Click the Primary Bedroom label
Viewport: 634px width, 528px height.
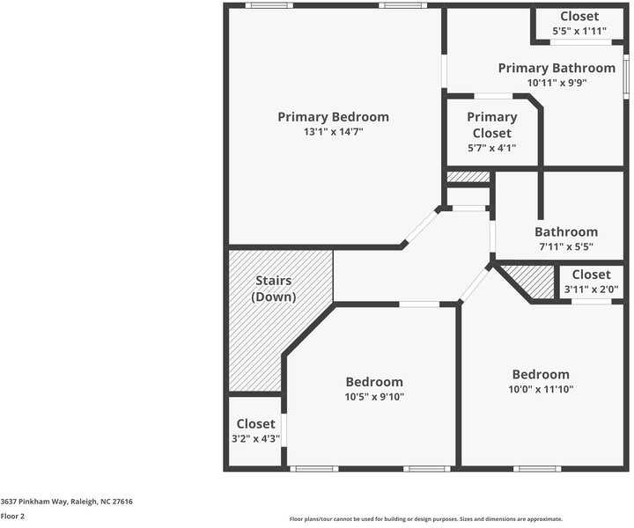pyautogui.click(x=333, y=117)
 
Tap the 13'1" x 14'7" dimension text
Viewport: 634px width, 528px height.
pyautogui.click(x=333, y=132)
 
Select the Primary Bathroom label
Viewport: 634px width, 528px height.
pyautogui.click(x=557, y=68)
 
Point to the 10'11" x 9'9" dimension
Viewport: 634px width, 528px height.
pyautogui.click(x=557, y=83)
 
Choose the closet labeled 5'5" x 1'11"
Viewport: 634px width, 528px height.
pyautogui.click(x=579, y=32)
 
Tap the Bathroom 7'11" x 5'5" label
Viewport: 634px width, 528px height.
pyautogui.click(x=565, y=239)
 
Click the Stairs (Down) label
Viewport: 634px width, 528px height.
pyautogui.click(x=274, y=289)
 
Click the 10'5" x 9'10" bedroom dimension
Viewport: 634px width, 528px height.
pyautogui.click(x=374, y=397)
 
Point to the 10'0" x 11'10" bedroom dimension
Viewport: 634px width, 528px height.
pyautogui.click(x=541, y=389)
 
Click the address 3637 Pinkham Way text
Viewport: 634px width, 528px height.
pyautogui.click(x=67, y=502)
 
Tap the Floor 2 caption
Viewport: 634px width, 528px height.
pyautogui.click(x=13, y=517)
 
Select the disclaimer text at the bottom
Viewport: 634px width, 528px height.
pyautogui.click(x=425, y=519)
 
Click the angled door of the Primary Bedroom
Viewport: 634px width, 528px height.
pyautogui.click(x=421, y=227)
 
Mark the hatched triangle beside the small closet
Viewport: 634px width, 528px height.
pyautogui.click(x=531, y=282)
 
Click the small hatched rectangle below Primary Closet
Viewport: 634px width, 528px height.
pyautogui.click(x=468, y=177)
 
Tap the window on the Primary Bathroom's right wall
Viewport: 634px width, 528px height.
pyautogui.click(x=626, y=76)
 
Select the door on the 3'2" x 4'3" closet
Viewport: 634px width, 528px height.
pyautogui.click(x=283, y=430)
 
